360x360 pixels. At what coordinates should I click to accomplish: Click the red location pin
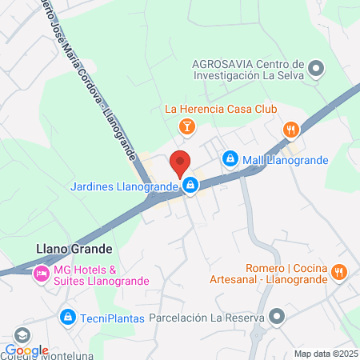(180, 162)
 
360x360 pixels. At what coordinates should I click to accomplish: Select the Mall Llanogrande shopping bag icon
(230, 159)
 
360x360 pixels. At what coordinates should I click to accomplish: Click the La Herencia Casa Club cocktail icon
(186, 126)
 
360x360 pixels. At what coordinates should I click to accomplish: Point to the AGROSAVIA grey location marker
(316, 69)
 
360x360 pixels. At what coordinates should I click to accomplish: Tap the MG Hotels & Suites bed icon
(40, 274)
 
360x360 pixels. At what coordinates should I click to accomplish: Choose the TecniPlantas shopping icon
(68, 318)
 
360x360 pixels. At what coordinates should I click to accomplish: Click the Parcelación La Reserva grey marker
(277, 318)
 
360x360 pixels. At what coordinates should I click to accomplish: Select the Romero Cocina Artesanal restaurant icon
(339, 273)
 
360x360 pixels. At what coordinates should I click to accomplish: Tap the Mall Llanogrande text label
(286, 159)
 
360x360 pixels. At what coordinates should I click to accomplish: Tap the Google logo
(26, 350)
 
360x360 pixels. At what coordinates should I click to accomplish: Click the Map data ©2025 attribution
(326, 354)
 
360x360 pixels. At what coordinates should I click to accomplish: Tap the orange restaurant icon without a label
(290, 129)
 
